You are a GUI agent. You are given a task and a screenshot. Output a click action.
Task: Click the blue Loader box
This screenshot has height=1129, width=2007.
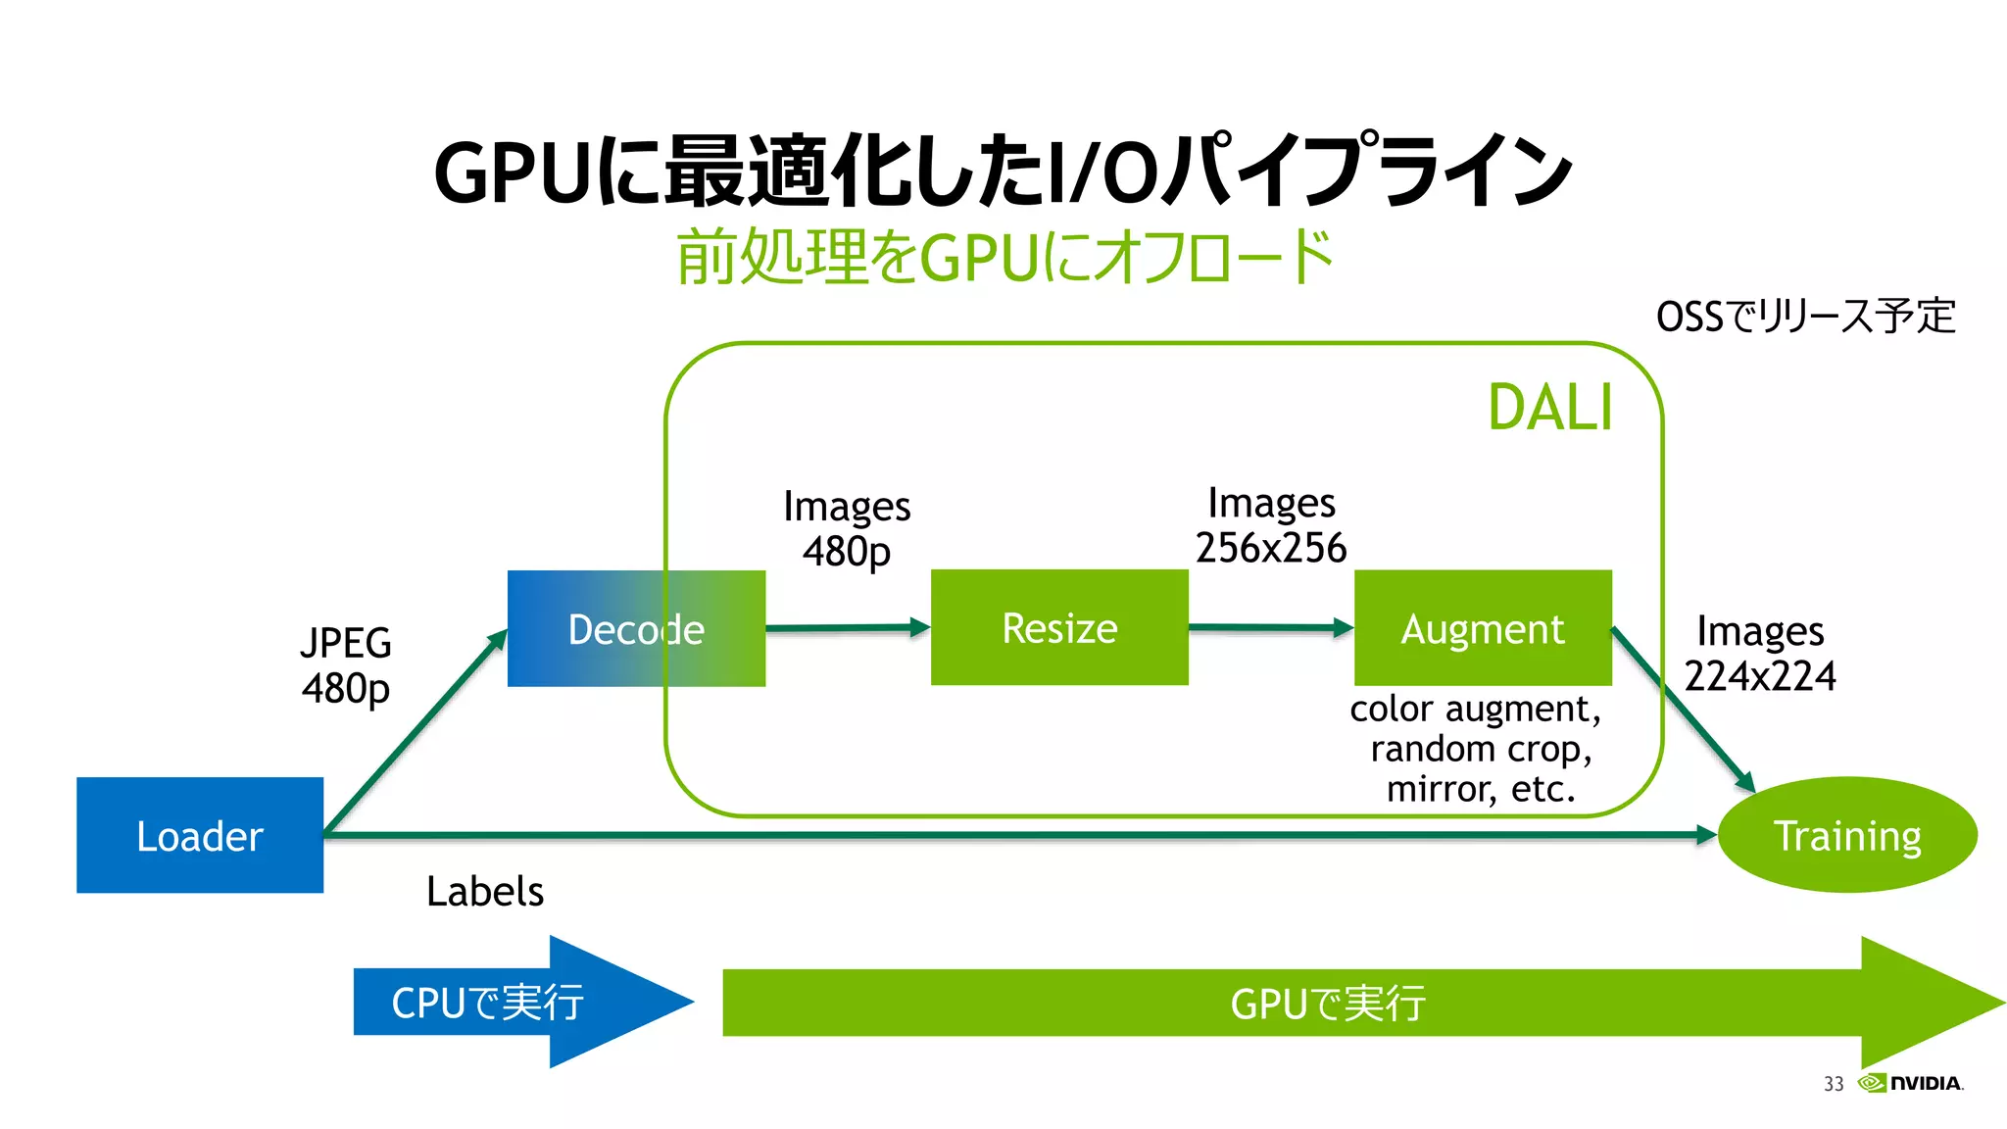click(x=200, y=835)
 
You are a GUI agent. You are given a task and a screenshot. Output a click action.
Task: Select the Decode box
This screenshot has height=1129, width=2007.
click(x=636, y=628)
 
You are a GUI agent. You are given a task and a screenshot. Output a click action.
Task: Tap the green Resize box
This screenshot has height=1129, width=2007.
click(x=1059, y=627)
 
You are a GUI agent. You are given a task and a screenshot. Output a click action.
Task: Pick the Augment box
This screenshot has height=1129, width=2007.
click(x=1483, y=627)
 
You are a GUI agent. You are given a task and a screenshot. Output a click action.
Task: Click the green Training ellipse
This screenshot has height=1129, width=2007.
click(x=1847, y=835)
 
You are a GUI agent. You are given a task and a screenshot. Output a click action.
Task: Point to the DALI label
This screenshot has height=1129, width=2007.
click(x=1549, y=408)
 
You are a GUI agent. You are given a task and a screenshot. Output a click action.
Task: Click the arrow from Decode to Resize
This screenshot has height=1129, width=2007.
click(x=848, y=627)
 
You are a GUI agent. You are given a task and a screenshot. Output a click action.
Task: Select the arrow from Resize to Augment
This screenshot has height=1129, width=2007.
click(x=1271, y=627)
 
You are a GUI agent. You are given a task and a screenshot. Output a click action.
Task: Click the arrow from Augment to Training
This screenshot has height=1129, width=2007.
click(x=1683, y=710)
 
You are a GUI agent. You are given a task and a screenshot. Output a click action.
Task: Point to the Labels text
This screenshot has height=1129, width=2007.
click(x=485, y=891)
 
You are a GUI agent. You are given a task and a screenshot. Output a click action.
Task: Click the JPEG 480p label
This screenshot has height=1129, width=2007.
click(x=346, y=665)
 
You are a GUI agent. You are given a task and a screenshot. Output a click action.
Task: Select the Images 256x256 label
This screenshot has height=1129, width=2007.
click(x=1271, y=525)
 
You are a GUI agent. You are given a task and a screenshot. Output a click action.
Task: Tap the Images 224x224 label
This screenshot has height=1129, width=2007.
click(x=1760, y=654)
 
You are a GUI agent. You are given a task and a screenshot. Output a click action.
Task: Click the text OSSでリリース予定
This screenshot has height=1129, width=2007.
click(x=1805, y=317)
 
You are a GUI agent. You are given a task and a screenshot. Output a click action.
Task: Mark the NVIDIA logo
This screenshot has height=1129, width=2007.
click(x=1911, y=1083)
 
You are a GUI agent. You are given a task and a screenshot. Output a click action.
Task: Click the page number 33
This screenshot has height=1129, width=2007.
click(x=1834, y=1084)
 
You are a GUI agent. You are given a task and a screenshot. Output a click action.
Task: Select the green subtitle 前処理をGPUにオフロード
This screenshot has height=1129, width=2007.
click(x=1004, y=257)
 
